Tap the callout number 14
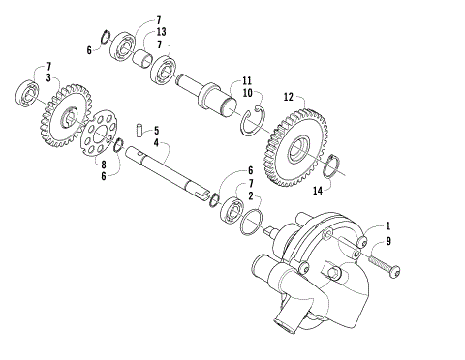point(316,191)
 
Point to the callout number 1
point(389,226)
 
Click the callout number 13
point(160,31)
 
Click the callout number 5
point(156,130)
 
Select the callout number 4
point(156,142)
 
